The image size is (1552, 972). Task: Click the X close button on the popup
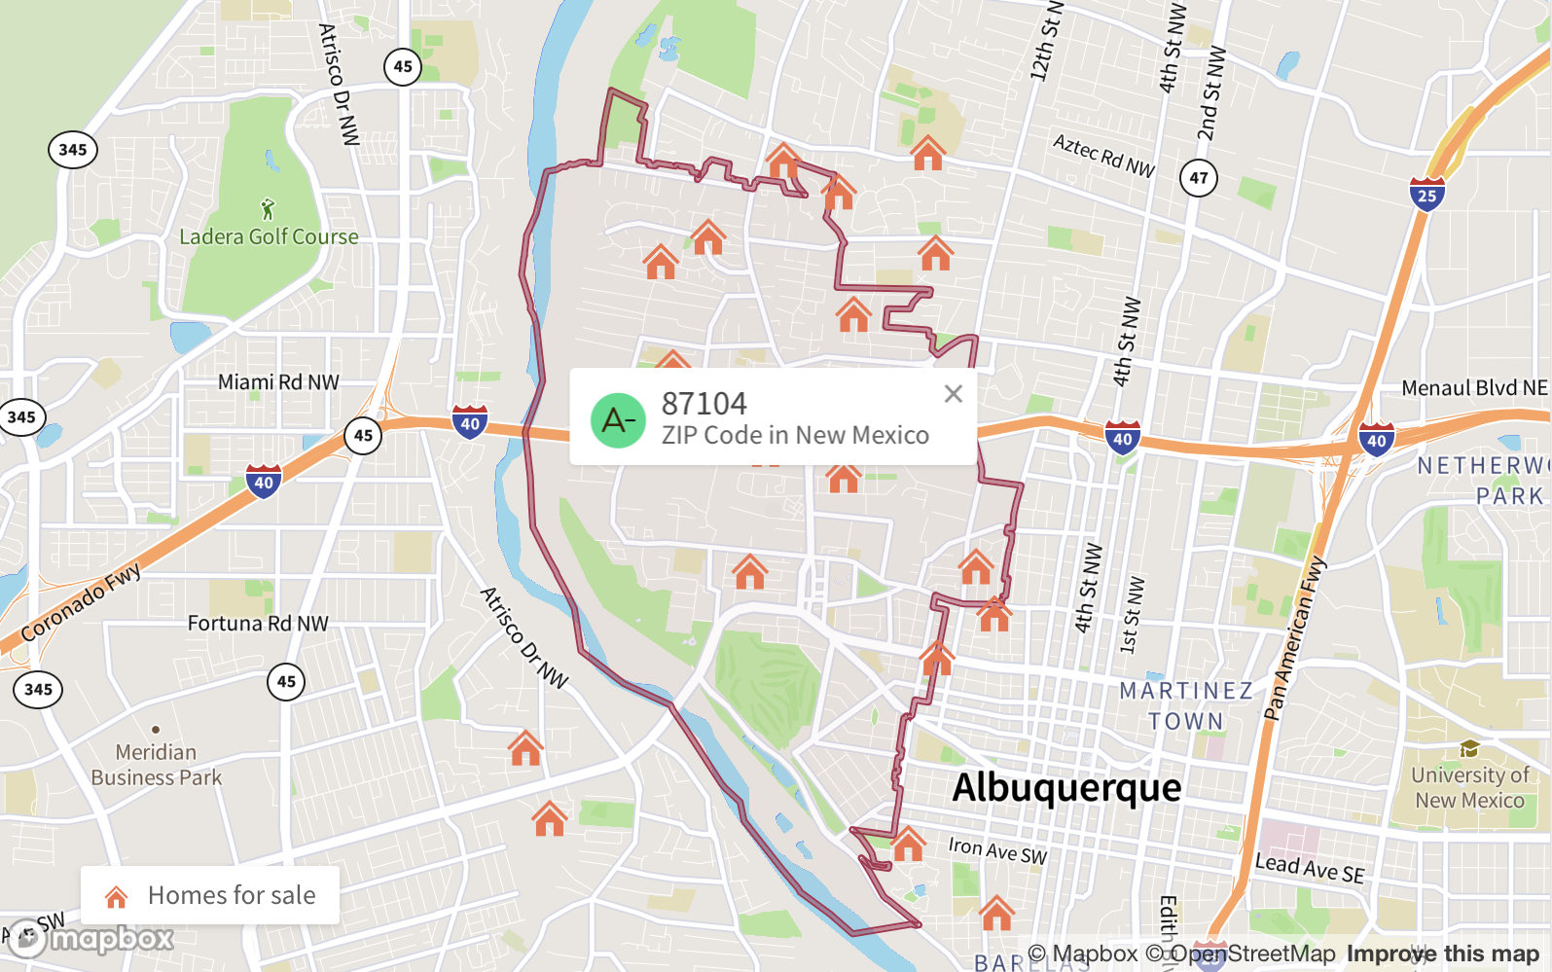(x=954, y=394)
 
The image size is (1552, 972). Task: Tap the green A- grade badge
(x=618, y=420)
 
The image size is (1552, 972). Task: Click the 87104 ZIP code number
(x=704, y=403)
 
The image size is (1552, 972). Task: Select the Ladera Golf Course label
(x=269, y=236)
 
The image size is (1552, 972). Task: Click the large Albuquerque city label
(x=1066, y=787)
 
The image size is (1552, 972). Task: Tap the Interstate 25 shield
(x=1426, y=195)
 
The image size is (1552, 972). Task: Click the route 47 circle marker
(x=1199, y=178)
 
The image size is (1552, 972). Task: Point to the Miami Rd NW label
(x=278, y=382)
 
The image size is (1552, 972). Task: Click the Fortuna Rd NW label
(x=258, y=623)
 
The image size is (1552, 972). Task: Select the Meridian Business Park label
(x=156, y=765)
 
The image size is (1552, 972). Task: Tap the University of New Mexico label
(x=1469, y=787)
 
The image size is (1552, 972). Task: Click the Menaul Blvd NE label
(x=1474, y=388)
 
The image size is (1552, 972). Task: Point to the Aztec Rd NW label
(x=1103, y=156)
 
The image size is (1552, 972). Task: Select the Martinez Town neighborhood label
(x=1186, y=705)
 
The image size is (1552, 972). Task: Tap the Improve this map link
(x=1442, y=954)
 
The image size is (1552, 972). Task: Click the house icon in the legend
(x=117, y=896)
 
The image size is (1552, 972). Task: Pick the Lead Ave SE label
(x=1309, y=867)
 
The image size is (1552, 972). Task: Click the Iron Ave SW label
(x=997, y=851)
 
